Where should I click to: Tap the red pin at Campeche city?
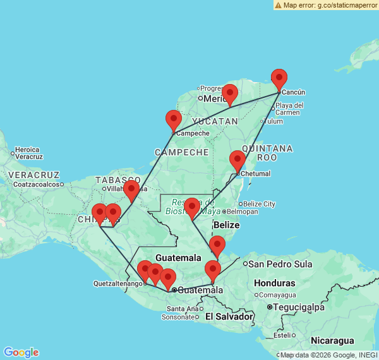[174, 120]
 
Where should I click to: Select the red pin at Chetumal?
[238, 161]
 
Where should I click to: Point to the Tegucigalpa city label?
[295, 307]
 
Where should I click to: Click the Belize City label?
[260, 203]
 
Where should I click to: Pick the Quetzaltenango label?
[117, 284]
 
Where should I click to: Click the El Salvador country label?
[229, 316]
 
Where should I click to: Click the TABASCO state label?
[115, 180]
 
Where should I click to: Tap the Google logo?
[21, 352]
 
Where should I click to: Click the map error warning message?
[326, 5]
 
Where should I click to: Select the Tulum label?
[274, 121]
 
